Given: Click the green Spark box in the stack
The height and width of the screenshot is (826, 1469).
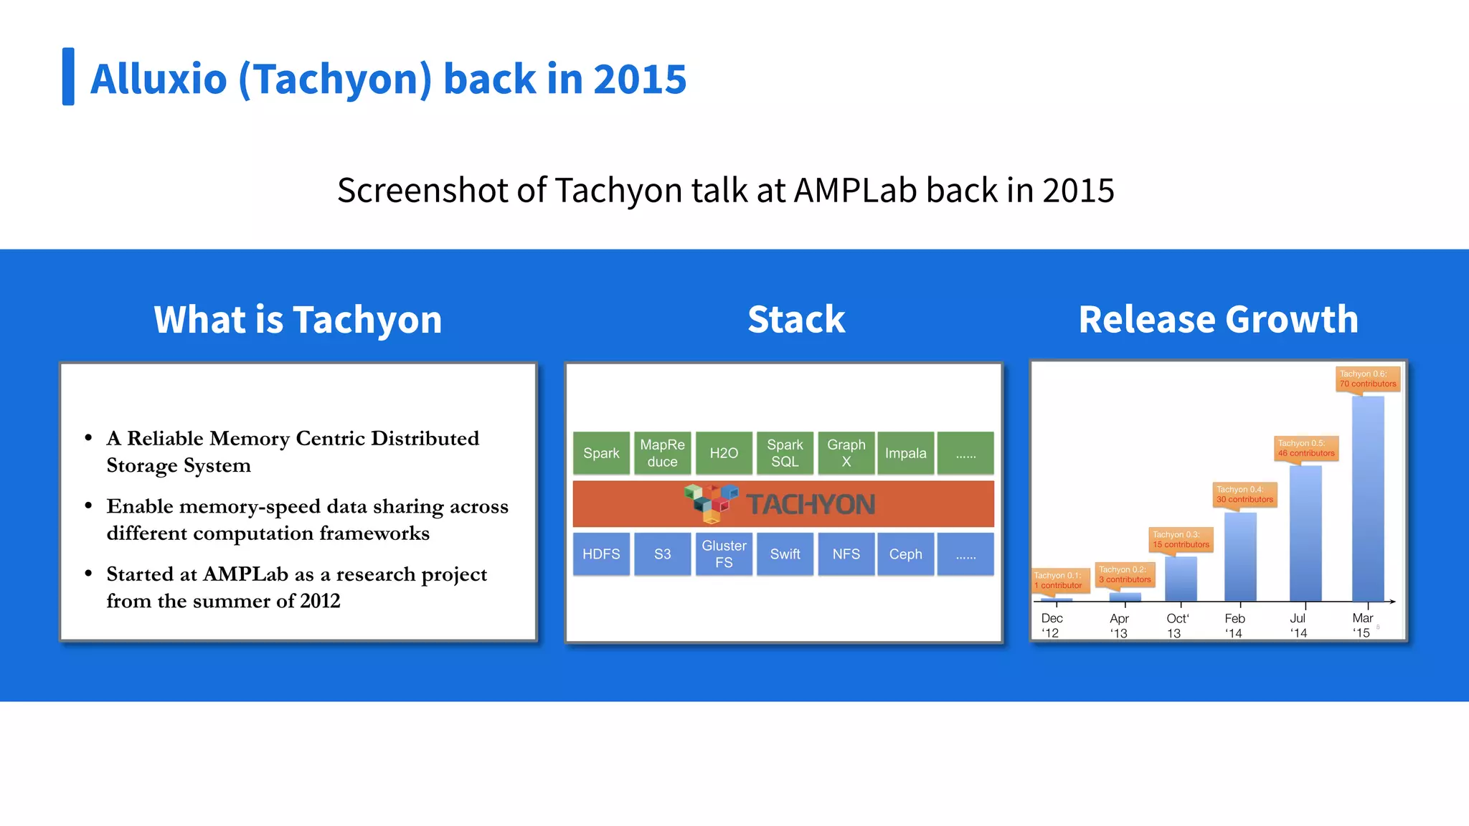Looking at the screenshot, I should [601, 453].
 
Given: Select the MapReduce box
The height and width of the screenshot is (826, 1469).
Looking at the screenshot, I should [662, 453].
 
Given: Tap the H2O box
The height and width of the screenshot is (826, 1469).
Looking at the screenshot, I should [724, 453].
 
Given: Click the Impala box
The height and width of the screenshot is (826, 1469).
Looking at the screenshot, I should [905, 453].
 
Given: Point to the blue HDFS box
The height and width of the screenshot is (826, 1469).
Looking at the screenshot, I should [601, 554].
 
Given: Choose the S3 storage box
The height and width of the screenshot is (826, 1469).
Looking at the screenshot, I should [662, 554].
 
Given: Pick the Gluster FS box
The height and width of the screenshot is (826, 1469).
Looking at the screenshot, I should [724, 554].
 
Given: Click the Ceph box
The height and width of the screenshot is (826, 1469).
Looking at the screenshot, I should [905, 554].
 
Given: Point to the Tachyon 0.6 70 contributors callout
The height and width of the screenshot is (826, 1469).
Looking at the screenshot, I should [1368, 379].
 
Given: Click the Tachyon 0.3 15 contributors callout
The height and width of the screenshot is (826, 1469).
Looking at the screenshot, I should [1181, 540].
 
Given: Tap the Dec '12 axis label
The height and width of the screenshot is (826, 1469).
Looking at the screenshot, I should [1052, 625].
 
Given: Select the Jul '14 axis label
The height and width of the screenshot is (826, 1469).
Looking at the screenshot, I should [1298, 625].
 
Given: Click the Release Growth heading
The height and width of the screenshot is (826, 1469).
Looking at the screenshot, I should [1218, 319].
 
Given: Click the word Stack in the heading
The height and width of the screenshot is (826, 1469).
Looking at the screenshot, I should [796, 319].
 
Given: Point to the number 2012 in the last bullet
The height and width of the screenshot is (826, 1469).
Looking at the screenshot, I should [320, 601].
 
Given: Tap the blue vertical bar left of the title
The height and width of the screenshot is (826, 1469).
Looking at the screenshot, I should [68, 77].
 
